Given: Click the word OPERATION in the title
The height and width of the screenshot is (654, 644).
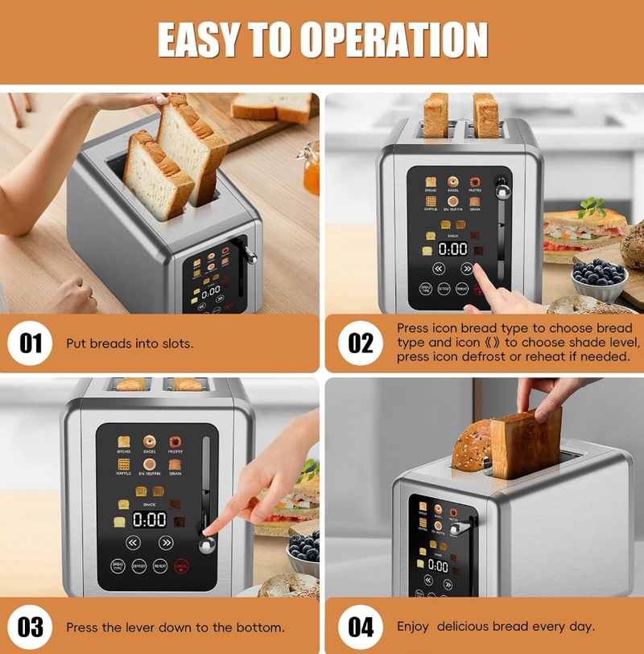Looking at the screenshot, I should tap(394, 40).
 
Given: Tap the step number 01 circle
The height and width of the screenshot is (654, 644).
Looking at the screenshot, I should tap(31, 343).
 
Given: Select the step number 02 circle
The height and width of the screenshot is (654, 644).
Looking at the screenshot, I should tap(361, 343).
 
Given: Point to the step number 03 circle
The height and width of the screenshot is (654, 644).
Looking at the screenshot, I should tap(31, 627).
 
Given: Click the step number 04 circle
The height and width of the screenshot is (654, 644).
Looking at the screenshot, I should tap(361, 627).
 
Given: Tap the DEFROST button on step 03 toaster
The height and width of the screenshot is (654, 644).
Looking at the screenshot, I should tap(138, 566).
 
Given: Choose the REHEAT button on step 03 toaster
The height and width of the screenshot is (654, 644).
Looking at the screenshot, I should tap(160, 566).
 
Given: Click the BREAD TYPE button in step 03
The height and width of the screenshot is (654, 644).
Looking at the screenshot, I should tap(118, 566).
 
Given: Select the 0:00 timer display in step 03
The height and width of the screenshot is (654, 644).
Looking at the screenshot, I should tap(149, 520).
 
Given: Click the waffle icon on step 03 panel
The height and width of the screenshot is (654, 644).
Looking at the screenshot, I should tap(124, 464).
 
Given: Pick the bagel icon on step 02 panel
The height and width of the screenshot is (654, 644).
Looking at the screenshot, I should tap(453, 183).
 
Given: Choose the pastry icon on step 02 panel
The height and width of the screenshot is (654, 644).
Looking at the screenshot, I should tap(475, 183).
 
